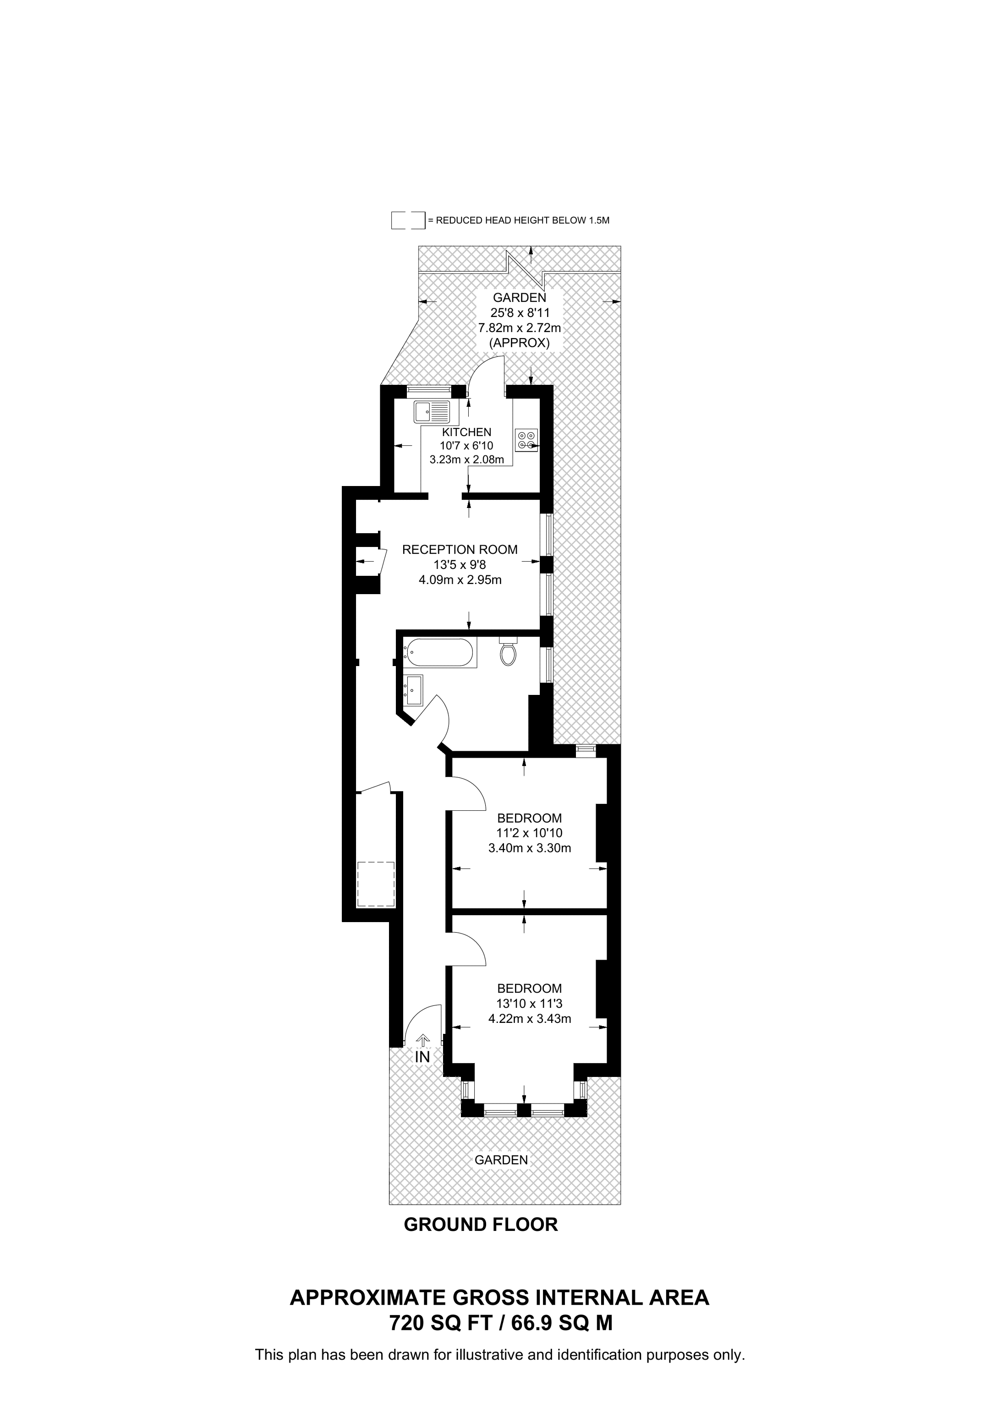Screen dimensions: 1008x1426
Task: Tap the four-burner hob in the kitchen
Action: (526, 440)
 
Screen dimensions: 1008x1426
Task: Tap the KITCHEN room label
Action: (466, 432)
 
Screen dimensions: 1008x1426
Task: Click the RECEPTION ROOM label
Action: (460, 550)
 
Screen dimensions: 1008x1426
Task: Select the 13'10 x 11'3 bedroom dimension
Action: (530, 1003)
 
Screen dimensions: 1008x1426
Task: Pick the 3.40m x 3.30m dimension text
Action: (530, 848)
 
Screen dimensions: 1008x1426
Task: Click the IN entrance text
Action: (422, 1057)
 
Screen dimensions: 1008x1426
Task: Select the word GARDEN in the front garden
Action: (501, 1159)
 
